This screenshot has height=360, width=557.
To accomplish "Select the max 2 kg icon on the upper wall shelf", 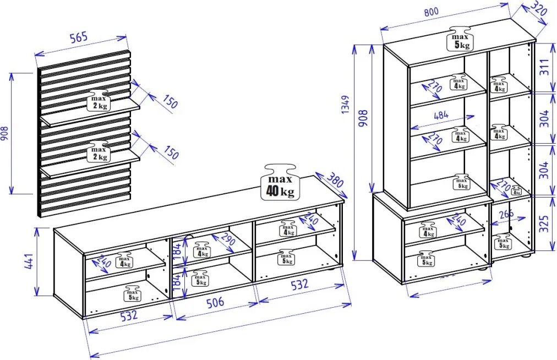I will (99, 100).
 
